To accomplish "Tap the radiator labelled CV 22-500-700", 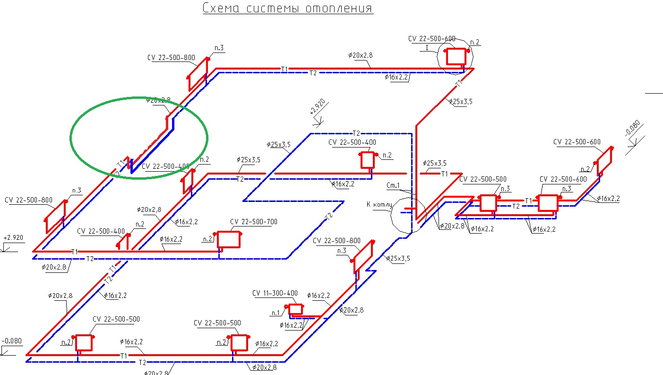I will pyautogui.click(x=228, y=240).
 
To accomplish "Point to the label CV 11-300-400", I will pyautogui.click(x=275, y=293).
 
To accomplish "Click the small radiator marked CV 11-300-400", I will pyautogui.click(x=296, y=309).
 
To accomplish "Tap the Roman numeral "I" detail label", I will pyautogui.click(x=427, y=48).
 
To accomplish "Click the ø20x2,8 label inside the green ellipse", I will pyautogui.click(x=158, y=100).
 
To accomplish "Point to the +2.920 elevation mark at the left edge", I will pyautogui.click(x=13, y=238).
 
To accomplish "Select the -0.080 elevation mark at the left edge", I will pyautogui.click(x=12, y=341).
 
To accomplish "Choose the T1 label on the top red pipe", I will pyautogui.click(x=284, y=69).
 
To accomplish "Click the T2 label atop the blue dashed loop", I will pyautogui.click(x=357, y=133).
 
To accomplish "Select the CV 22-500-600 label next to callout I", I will pyautogui.click(x=432, y=38).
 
